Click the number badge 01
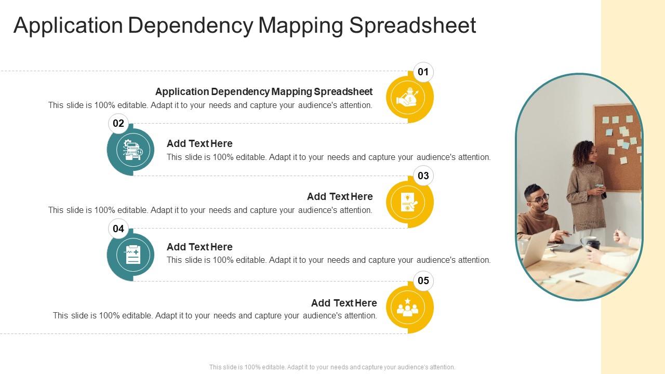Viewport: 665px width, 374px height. (x=423, y=72)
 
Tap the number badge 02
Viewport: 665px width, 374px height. (x=118, y=123)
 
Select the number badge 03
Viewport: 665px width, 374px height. (x=423, y=176)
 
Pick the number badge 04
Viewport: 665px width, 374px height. (x=118, y=229)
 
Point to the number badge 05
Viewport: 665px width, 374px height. (x=423, y=281)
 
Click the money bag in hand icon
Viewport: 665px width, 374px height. (x=408, y=98)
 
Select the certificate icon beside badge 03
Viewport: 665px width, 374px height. (x=408, y=203)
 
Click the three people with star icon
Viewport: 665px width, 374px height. (x=408, y=308)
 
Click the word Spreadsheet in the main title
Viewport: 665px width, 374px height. (x=413, y=25)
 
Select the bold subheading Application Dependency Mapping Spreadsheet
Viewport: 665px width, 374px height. (x=264, y=92)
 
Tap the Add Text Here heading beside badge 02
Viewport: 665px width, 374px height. (x=199, y=144)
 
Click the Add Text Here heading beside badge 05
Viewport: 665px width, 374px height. (x=344, y=303)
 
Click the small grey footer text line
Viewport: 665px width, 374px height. (x=332, y=367)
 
